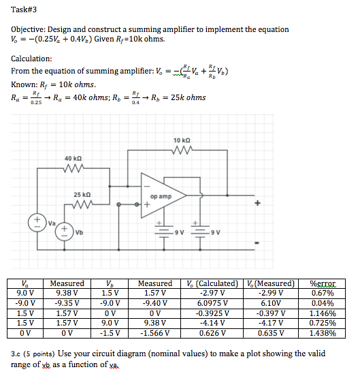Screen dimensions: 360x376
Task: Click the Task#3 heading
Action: [x=24, y=10]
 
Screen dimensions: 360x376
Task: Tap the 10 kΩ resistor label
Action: [x=182, y=140]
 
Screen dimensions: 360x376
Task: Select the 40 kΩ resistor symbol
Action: [x=73, y=168]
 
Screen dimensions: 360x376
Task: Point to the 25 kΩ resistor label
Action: [x=82, y=195]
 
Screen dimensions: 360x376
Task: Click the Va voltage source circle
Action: [x=37, y=223]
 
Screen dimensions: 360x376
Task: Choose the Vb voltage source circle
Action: [x=64, y=232]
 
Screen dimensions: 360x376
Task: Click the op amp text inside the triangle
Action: [x=161, y=196]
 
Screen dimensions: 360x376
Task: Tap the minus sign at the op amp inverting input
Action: [x=147, y=187]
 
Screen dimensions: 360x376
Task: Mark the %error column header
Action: [x=323, y=283]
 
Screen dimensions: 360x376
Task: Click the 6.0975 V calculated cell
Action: [x=212, y=303]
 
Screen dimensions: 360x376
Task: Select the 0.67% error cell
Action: [x=323, y=293]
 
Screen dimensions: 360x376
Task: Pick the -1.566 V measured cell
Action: [x=154, y=333]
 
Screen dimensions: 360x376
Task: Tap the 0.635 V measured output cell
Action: [x=271, y=333]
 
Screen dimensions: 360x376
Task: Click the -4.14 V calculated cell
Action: [x=212, y=323]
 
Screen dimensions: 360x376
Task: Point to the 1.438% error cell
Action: [x=323, y=333]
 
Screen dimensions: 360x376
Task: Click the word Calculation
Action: [x=31, y=59]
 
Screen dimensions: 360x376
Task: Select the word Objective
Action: [x=28, y=29]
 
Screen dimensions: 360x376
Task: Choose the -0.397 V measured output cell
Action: [x=271, y=313]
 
